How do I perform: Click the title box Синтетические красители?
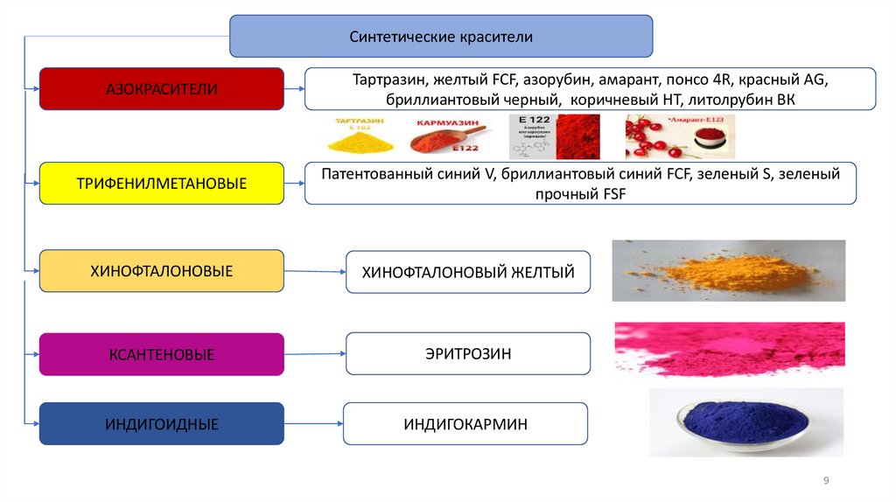(x=440, y=37)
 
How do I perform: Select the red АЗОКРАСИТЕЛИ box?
(x=162, y=89)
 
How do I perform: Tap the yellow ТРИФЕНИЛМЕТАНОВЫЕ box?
(x=162, y=184)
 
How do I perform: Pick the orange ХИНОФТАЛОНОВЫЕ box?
(x=162, y=271)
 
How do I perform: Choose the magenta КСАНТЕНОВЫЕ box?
(x=162, y=354)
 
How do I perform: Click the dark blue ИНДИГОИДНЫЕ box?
(x=162, y=424)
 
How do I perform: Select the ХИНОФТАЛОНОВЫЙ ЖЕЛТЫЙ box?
(x=468, y=273)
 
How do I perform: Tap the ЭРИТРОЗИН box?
(x=468, y=353)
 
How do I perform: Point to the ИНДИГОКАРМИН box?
(x=465, y=424)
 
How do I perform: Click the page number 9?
(x=826, y=481)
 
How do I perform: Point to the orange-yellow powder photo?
(x=728, y=271)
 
